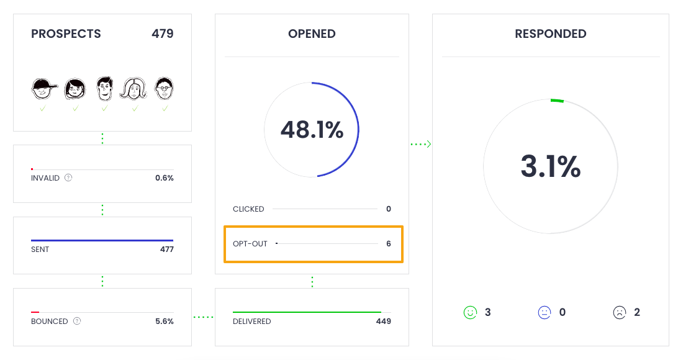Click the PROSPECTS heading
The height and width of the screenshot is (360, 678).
point(66,34)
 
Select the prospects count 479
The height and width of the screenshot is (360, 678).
point(162,34)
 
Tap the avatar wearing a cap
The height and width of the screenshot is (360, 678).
point(43,89)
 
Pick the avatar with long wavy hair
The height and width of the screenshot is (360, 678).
point(134,89)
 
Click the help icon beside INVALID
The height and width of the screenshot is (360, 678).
point(68,178)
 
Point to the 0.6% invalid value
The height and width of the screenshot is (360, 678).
point(164,178)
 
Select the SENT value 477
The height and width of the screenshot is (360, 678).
point(166,250)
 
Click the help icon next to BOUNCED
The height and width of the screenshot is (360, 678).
point(77,322)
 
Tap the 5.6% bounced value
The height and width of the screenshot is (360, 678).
point(164,322)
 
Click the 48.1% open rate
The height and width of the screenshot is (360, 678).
point(312,130)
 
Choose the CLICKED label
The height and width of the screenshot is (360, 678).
point(248,209)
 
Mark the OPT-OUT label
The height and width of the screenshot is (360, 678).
point(250,244)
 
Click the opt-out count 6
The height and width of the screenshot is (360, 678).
point(389,244)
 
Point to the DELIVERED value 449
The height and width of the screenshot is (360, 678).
point(383,322)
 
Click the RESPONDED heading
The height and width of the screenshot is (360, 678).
point(551,34)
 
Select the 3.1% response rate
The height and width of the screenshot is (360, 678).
point(550,166)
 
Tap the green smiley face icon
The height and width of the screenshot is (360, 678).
point(470,312)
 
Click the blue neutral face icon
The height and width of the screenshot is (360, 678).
point(545,312)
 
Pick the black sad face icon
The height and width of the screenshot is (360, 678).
point(620,312)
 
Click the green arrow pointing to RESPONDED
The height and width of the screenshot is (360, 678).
point(421,145)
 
